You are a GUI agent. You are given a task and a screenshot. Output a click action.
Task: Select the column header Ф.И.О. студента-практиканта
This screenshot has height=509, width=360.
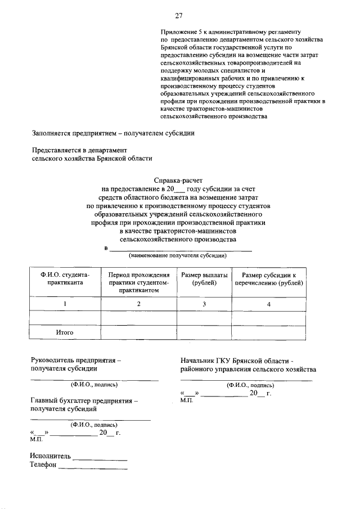pyautogui.click(x=65, y=278)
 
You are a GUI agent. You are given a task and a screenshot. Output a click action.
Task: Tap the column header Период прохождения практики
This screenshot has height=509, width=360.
pyautogui.click(x=139, y=282)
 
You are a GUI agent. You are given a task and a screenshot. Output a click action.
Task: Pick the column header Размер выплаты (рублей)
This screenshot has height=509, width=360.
pyautogui.click(x=204, y=278)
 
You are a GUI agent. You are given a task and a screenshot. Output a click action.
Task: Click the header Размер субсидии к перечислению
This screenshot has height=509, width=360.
pyautogui.click(x=268, y=278)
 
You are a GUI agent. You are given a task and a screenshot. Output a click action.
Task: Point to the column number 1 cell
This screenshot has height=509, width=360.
pyautogui.click(x=65, y=304)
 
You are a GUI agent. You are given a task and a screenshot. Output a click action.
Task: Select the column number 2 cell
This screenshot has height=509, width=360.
pyautogui.click(x=139, y=304)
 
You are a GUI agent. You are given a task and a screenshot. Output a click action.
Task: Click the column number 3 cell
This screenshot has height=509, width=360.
pyautogui.click(x=204, y=304)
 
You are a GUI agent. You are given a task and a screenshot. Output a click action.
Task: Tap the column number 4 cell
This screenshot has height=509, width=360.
pyautogui.click(x=268, y=304)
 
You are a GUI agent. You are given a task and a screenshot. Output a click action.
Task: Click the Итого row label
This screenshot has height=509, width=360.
pyautogui.click(x=65, y=332)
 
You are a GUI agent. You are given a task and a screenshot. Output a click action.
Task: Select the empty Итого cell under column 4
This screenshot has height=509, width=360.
pyautogui.click(x=268, y=332)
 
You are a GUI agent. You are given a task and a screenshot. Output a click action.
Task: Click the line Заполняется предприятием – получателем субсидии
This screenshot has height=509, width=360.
pyautogui.click(x=112, y=133)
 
